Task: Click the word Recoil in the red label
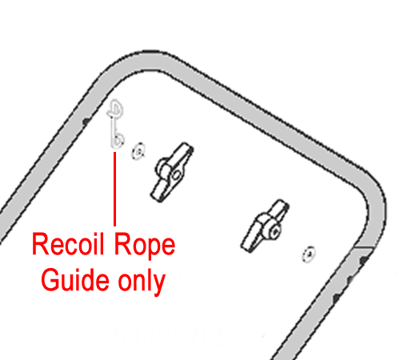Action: tap(68, 244)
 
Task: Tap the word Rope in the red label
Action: tap(145, 246)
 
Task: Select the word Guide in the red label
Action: tap(75, 279)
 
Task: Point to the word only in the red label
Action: tap(142, 282)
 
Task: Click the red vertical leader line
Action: tap(114, 189)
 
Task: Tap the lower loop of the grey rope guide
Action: tap(118, 138)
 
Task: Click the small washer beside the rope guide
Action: tap(138, 151)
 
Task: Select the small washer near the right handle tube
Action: tap(309, 254)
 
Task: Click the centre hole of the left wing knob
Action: tap(176, 175)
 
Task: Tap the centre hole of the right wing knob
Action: tap(275, 231)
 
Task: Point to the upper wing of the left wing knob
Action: tap(182, 154)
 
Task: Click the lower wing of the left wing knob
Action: tap(159, 190)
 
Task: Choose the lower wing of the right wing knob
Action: tap(250, 241)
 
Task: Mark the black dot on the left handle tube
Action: tap(86, 122)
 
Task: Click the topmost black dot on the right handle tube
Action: tap(364, 259)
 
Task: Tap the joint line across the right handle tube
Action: tap(363, 247)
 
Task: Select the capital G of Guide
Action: tap(50, 279)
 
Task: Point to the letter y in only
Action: tap(159, 286)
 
